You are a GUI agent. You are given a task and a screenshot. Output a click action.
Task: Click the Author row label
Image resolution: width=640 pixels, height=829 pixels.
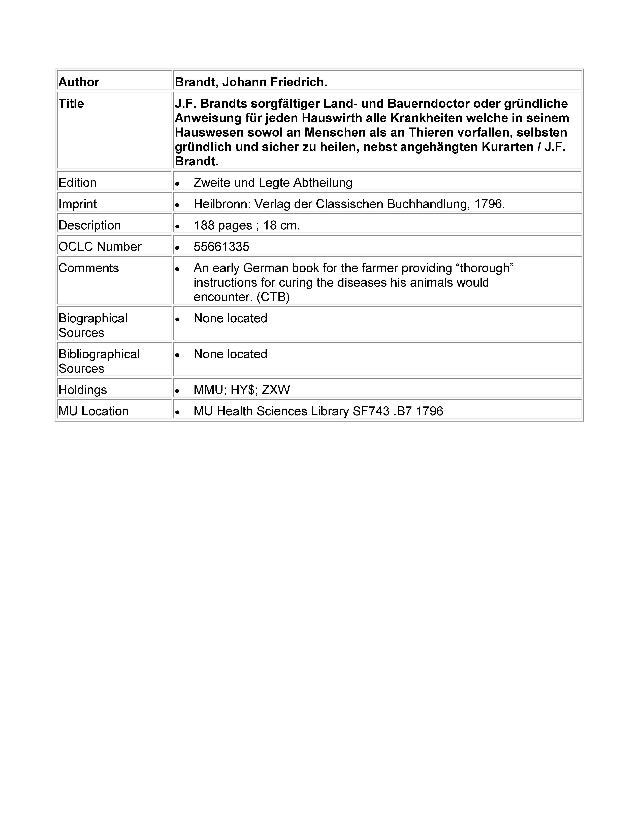tap(79, 82)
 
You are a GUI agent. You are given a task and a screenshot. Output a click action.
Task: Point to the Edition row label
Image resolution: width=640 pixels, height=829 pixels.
tap(77, 183)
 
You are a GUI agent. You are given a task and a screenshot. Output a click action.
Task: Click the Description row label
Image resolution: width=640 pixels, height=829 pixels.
tap(89, 225)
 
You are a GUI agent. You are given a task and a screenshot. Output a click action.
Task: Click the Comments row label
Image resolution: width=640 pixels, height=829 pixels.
tap(88, 268)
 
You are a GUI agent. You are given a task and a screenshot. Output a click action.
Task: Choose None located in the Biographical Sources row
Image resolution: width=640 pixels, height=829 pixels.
tap(230, 318)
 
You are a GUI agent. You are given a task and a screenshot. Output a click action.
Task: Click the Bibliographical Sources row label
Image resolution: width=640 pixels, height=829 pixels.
tap(99, 361)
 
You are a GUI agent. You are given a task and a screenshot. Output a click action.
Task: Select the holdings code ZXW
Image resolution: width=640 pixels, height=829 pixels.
tap(276, 390)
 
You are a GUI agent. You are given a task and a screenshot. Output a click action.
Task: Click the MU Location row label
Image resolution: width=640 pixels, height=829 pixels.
tap(93, 411)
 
